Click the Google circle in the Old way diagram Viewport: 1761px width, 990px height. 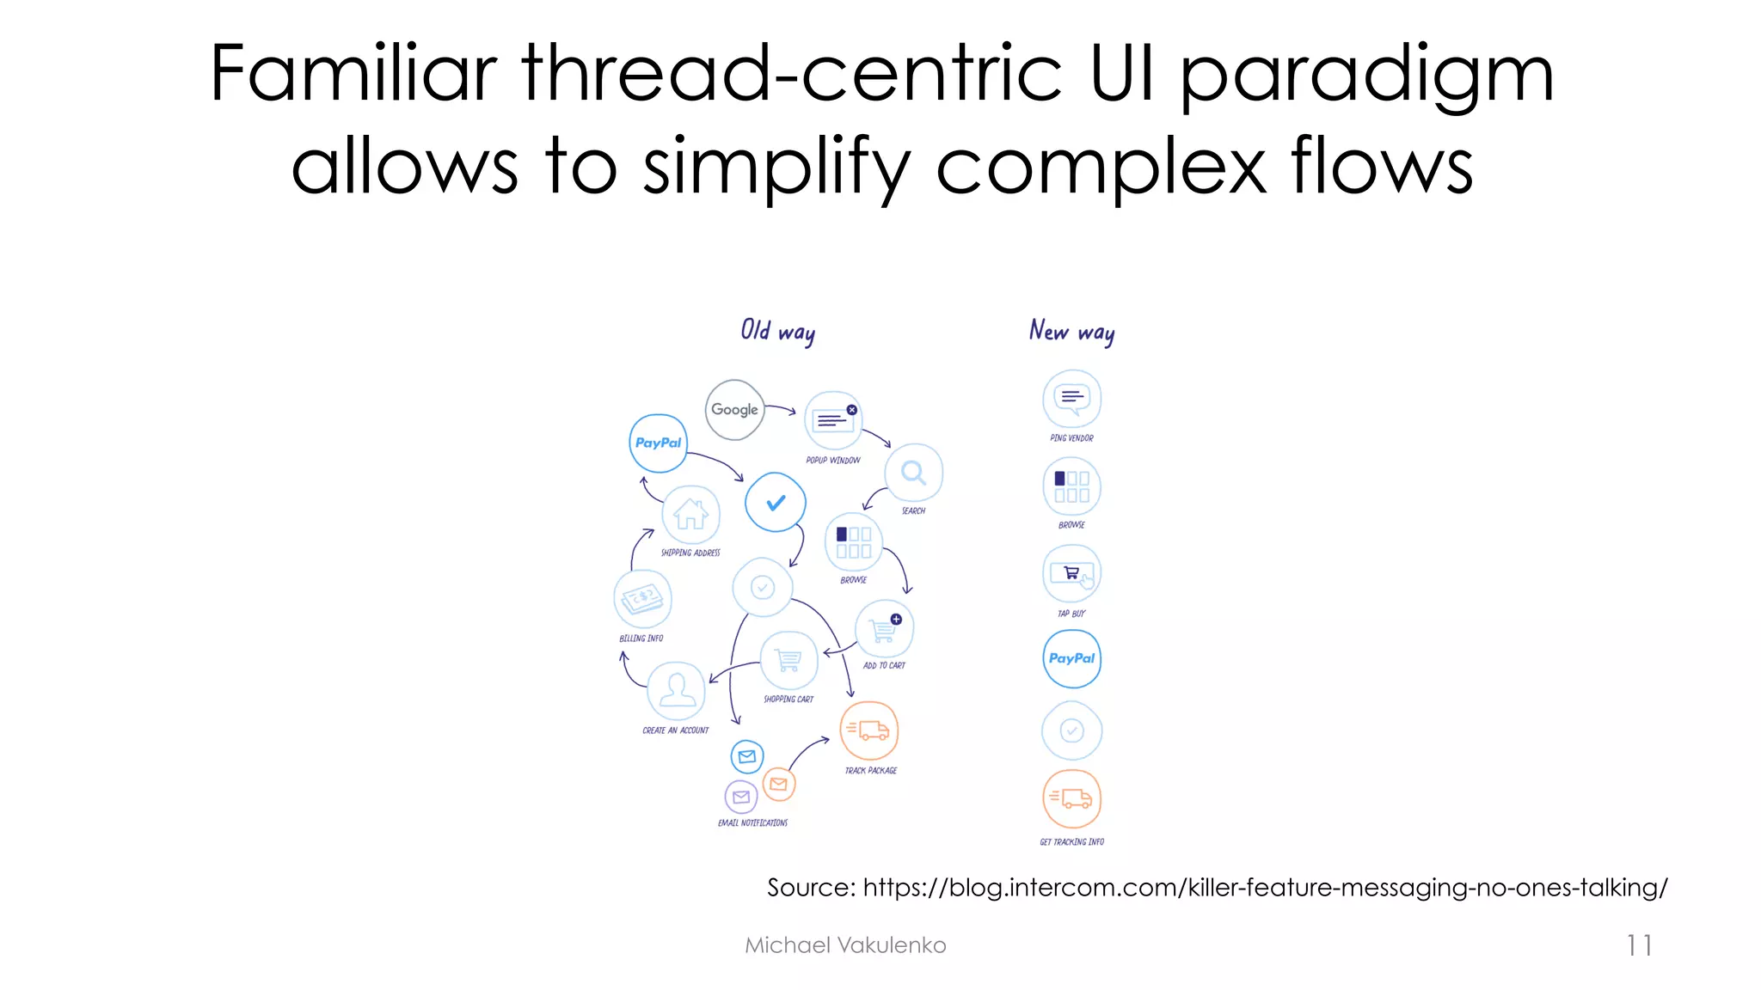click(x=734, y=410)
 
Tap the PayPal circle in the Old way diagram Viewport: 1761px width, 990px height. click(x=658, y=443)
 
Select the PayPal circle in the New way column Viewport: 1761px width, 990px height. click(x=1071, y=658)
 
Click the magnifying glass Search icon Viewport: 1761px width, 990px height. click(x=913, y=473)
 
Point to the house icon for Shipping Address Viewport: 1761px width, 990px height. click(x=690, y=514)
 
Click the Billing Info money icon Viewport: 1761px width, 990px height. click(x=642, y=599)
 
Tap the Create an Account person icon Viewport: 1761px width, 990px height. click(x=677, y=690)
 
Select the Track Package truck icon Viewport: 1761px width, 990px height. click(x=868, y=730)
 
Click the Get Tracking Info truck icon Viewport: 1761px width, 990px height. click(x=1071, y=798)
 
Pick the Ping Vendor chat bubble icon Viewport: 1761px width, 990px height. click(x=1071, y=399)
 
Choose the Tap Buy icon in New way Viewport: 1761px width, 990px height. click(x=1071, y=573)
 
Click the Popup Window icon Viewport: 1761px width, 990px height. click(x=833, y=420)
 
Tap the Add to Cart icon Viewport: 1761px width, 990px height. click(x=884, y=629)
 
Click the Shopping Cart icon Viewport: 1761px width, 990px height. click(x=788, y=660)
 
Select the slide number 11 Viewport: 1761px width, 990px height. click(x=1639, y=945)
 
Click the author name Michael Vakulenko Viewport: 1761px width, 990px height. click(x=845, y=945)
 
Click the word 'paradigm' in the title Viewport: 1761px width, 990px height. click(x=1365, y=76)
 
